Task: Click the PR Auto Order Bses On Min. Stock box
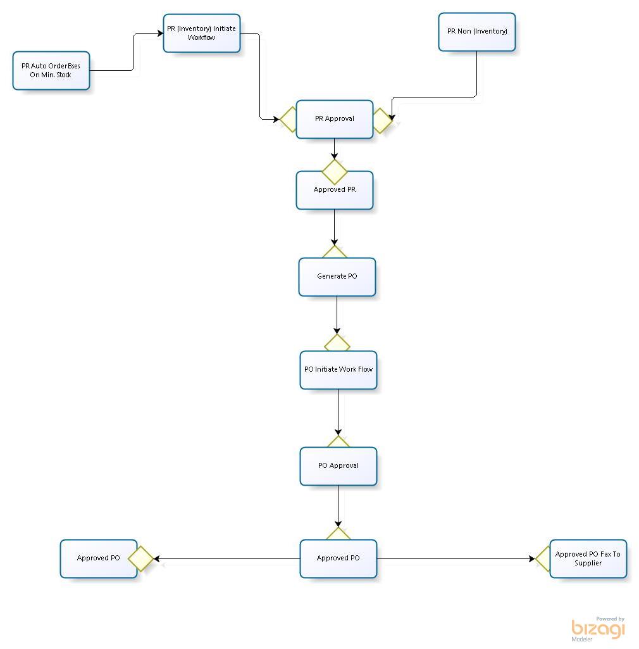click(x=51, y=71)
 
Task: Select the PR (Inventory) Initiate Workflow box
click(x=202, y=33)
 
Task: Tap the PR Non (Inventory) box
click(x=476, y=32)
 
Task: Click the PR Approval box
click(x=335, y=119)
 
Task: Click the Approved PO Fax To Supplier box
click(x=588, y=558)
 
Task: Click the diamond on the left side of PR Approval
click(x=288, y=120)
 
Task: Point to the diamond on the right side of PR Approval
click(x=382, y=120)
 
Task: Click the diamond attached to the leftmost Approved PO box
click(x=141, y=559)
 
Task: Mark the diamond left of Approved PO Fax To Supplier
click(x=543, y=559)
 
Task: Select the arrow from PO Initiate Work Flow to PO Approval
click(x=338, y=412)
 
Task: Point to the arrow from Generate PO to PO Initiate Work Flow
click(x=337, y=315)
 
